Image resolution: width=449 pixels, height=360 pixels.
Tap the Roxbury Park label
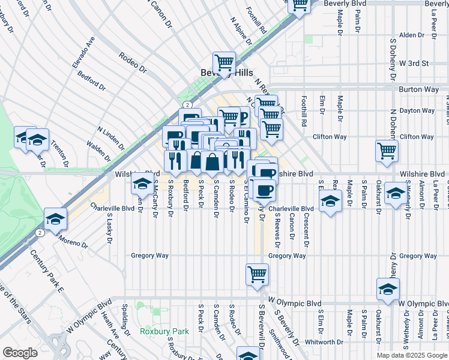164,331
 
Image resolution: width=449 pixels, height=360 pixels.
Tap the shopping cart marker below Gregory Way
257,274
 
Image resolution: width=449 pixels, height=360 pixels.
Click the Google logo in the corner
20,353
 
